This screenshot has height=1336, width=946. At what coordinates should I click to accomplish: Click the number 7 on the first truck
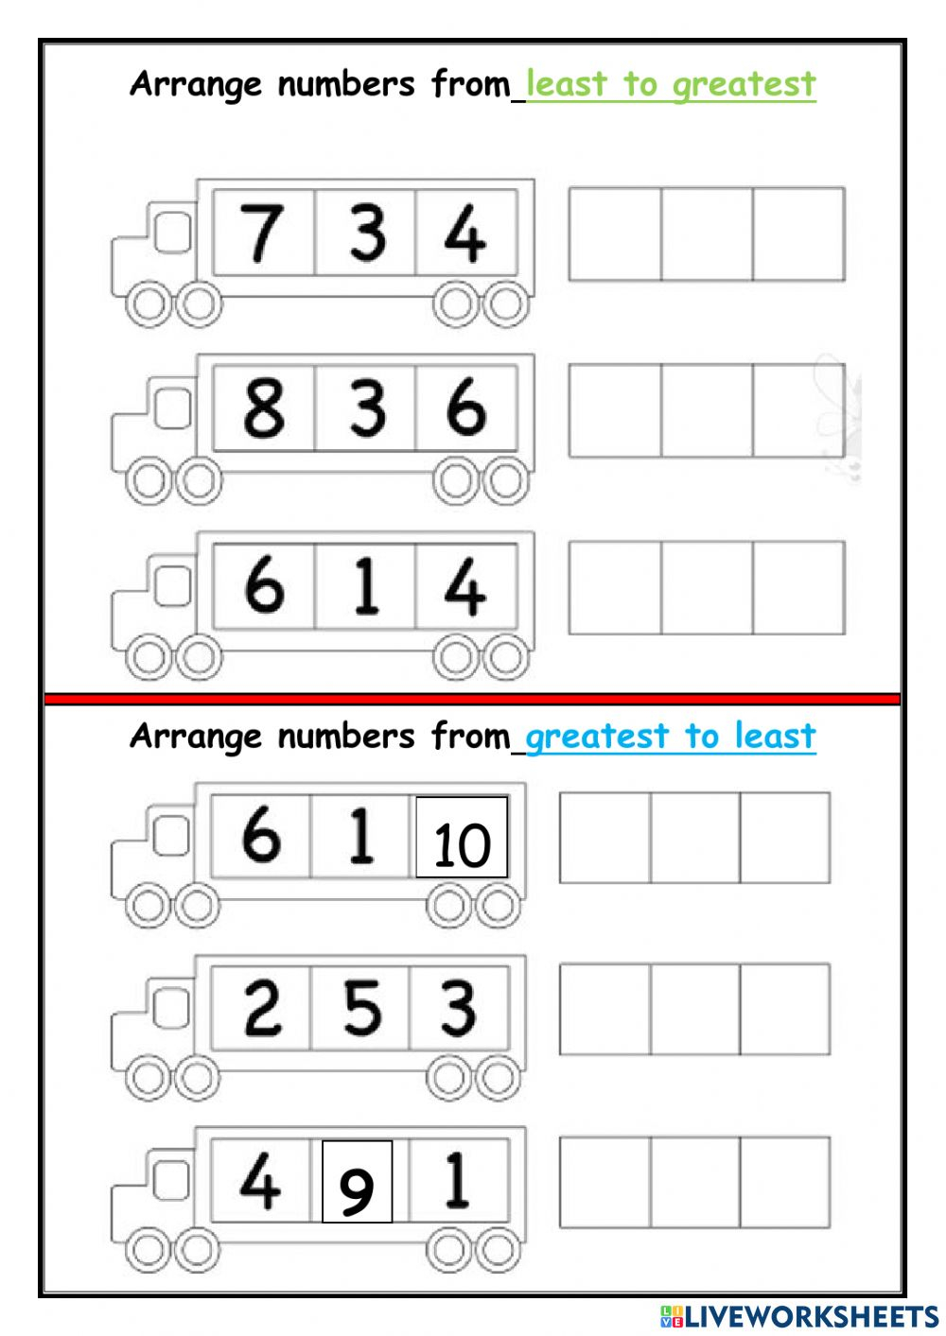pos(262,233)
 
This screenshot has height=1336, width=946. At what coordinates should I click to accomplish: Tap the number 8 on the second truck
pos(264,408)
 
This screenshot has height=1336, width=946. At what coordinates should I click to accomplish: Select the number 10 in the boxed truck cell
pos(462,843)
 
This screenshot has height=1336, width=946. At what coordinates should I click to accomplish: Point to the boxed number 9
pos(357,1189)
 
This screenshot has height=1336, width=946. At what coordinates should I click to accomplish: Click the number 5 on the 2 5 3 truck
pos(362,1008)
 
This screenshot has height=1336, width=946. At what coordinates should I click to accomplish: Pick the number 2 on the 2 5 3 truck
pos(262,1008)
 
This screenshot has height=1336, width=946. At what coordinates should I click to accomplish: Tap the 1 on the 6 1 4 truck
pos(366,586)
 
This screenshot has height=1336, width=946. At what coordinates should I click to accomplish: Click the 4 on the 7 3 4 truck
pos(464,234)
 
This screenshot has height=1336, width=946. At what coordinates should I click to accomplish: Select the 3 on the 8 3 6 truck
pos(367,408)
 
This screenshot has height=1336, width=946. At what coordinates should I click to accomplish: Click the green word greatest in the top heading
pos(744,85)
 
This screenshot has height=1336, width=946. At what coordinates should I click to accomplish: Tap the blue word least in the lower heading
pos(775,736)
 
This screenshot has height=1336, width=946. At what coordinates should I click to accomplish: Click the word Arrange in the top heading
pos(196,85)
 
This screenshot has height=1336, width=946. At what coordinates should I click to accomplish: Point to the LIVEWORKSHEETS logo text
pos(810,1316)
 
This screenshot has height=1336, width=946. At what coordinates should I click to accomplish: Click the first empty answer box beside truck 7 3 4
pos(615,234)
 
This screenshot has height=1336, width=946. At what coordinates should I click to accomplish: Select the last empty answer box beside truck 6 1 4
pos(798,587)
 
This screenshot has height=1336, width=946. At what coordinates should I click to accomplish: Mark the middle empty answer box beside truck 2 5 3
pos(694,1009)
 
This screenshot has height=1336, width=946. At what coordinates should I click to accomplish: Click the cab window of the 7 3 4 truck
pos(170,232)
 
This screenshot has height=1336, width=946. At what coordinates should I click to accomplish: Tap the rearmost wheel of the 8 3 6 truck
pos(506,482)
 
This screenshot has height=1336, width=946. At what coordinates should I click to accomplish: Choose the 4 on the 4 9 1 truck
pos(259,1182)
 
